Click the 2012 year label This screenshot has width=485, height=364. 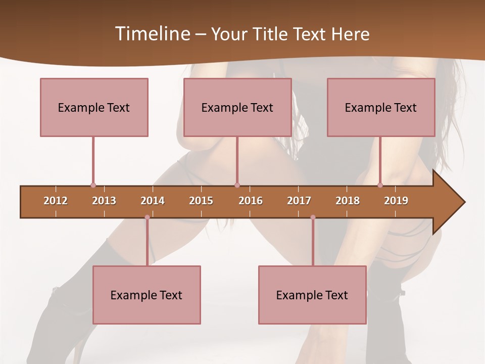pyautogui.click(x=56, y=201)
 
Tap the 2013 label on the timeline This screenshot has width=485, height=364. pyautogui.click(x=104, y=201)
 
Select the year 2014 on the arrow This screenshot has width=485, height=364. pyautogui.click(x=153, y=201)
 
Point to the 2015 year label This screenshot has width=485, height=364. pyautogui.click(x=201, y=201)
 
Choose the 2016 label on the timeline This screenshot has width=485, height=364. pyautogui.click(x=251, y=201)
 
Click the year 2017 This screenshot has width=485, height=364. pyautogui.click(x=299, y=201)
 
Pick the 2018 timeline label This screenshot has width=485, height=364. pyautogui.click(x=348, y=201)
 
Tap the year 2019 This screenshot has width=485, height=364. pyautogui.click(x=396, y=201)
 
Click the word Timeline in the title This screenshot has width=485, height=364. pyautogui.click(x=152, y=34)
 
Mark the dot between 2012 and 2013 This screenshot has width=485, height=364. pyautogui.click(x=93, y=186)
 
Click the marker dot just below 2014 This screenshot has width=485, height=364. pyautogui.click(x=147, y=217)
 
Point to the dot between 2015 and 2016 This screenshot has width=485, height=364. pyautogui.click(x=237, y=186)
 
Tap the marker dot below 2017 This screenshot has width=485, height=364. pyautogui.click(x=313, y=217)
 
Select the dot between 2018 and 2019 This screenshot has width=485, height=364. pyautogui.click(x=380, y=186)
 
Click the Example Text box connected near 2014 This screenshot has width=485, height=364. pyautogui.click(x=147, y=295)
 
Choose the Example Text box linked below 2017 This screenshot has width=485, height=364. pyautogui.click(x=312, y=295)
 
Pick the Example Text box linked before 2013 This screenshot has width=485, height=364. pyautogui.click(x=94, y=107)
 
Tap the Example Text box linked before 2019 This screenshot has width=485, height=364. pyautogui.click(x=381, y=107)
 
